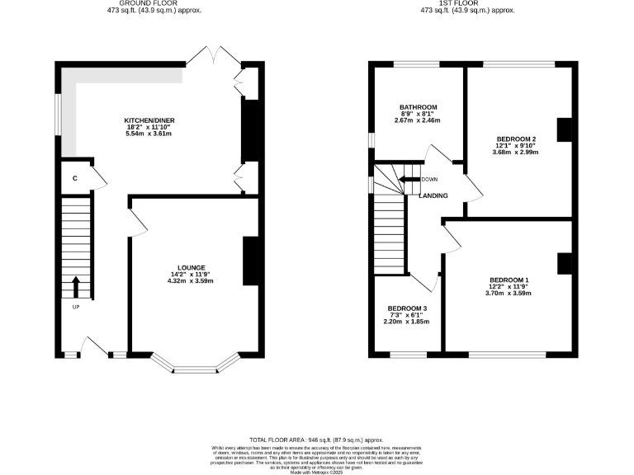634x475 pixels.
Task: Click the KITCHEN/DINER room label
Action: pos(149,120)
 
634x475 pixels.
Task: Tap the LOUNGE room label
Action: pos(192,267)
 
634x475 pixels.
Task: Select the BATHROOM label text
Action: pos(418,107)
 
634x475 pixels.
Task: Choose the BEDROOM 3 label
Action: pos(407,308)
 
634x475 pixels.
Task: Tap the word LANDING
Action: pos(433,195)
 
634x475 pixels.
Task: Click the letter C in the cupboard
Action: pos(74,178)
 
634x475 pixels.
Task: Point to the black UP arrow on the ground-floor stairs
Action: pos(76,287)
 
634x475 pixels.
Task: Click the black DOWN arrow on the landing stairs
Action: pos(408,180)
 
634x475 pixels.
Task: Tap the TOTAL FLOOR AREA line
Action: pos(317,441)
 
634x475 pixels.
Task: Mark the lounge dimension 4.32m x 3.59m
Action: pos(192,281)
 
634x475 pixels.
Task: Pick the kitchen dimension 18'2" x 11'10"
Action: pos(149,128)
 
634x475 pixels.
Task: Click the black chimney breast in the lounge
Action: pos(248,261)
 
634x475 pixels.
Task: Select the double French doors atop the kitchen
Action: pos(214,58)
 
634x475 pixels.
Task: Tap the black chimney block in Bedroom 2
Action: pos(565,131)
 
